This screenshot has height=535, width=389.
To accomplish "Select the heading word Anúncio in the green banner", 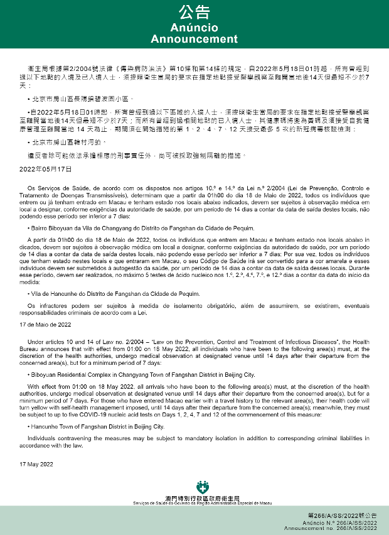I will pyautogui.click(x=194, y=28).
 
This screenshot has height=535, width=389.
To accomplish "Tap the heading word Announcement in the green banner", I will pyautogui.click(x=194, y=39).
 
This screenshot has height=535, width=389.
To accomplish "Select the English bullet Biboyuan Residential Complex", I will pyautogui.click(x=142, y=374).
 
